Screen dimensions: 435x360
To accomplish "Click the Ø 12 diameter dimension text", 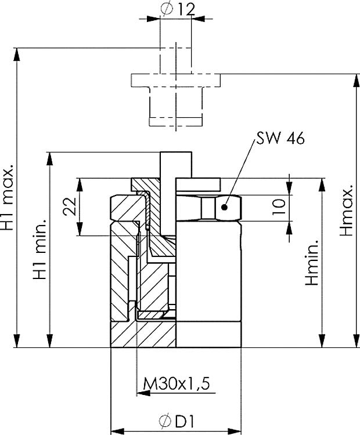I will [175, 9].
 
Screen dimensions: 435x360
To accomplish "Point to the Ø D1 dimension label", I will [175, 423].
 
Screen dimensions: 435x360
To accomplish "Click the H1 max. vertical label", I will [9, 197].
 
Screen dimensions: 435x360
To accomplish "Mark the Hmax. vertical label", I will [347, 212].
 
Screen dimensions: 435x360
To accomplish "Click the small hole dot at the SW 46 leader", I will [226, 206].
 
